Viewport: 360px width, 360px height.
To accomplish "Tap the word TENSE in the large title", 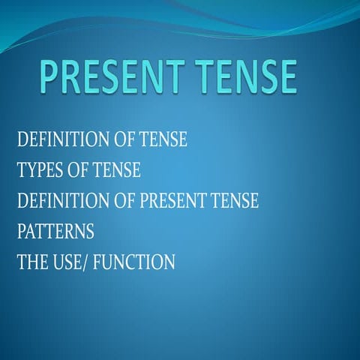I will point(245,79).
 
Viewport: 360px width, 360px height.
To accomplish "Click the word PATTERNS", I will point(55,232).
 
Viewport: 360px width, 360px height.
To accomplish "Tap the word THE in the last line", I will point(32,262).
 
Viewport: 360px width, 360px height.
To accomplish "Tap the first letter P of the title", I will point(49,79).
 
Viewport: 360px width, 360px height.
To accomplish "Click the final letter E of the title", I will point(286,79).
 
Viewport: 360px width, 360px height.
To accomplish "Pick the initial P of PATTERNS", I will point(21,232).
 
